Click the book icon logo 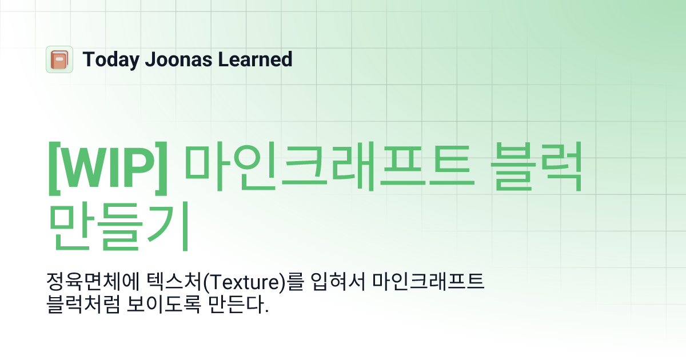(59, 59)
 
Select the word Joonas (170, 59)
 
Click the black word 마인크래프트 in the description (429, 282)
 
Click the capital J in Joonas (145, 59)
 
